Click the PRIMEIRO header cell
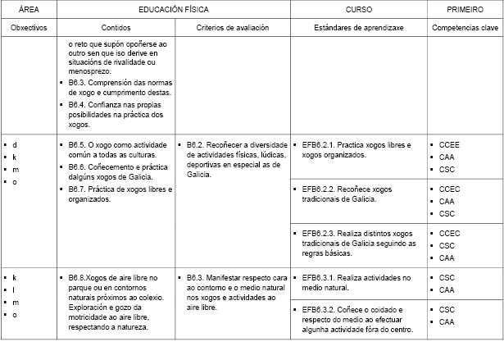[x=465, y=10]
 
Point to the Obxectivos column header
[x=29, y=27]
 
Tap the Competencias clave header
[x=465, y=27]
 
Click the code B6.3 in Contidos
[x=79, y=83]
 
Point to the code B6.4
[x=79, y=104]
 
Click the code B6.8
[x=79, y=278]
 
